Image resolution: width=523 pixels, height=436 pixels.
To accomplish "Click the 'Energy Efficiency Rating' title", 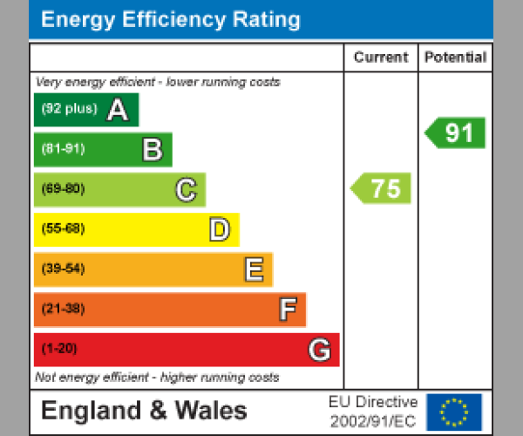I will pos(171,20).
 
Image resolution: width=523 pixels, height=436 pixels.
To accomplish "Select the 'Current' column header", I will pos(381,58).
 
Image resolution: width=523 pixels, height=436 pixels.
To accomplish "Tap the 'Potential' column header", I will pos(455,58).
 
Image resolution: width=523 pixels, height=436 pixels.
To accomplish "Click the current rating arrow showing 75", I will pos(382,188).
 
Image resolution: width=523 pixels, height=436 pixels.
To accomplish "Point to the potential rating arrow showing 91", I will pos(456,133).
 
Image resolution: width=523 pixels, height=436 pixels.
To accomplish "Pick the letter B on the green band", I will pos(152,150).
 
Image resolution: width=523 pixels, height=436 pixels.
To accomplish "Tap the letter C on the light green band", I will pos(185,189).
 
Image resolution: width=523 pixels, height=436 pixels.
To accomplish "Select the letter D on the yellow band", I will pos(219,229).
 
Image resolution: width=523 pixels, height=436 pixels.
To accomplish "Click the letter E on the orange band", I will pos(253,269).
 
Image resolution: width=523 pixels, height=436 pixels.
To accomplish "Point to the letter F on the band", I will pos(287,310).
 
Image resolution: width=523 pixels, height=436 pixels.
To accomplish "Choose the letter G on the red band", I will pos(319,350).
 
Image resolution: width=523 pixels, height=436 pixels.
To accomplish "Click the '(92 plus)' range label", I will pos(69,109).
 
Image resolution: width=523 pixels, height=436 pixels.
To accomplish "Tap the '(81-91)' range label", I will pos(63,149).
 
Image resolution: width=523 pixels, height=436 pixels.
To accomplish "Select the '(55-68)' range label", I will pos(63,229).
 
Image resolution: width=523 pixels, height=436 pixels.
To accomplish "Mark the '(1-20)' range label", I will pos(59,349).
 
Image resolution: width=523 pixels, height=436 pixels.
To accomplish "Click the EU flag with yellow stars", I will pos(453,411).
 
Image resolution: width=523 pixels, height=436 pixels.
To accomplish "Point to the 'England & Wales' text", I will pos(145,411).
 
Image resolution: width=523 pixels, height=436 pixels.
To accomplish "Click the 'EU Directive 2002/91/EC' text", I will pos(373,411).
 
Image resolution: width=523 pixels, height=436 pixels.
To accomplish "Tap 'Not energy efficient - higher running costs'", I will pos(157,378).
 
